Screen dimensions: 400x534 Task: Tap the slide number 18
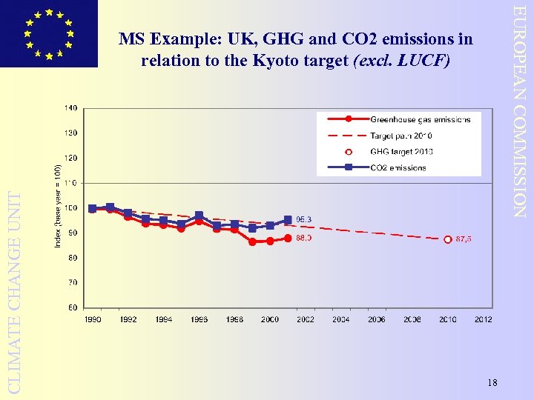[492, 382]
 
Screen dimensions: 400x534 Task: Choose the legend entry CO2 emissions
[398, 167]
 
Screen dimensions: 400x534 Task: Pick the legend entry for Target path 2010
[400, 136]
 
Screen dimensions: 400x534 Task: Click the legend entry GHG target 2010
[400, 152]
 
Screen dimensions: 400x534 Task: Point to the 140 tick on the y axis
[70, 108]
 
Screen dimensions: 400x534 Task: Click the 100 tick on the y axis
[70, 208]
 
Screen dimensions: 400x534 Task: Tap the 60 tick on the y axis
[72, 307]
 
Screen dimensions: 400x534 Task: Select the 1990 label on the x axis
[93, 320]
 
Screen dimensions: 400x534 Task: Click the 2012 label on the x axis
[483, 320]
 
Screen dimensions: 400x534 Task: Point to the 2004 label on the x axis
[341, 320]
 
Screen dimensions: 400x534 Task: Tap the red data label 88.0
[304, 239]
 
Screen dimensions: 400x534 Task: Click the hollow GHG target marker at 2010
[448, 239]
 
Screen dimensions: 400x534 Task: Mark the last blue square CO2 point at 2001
[288, 220]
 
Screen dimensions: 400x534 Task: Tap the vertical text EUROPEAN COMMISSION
[521, 111]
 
